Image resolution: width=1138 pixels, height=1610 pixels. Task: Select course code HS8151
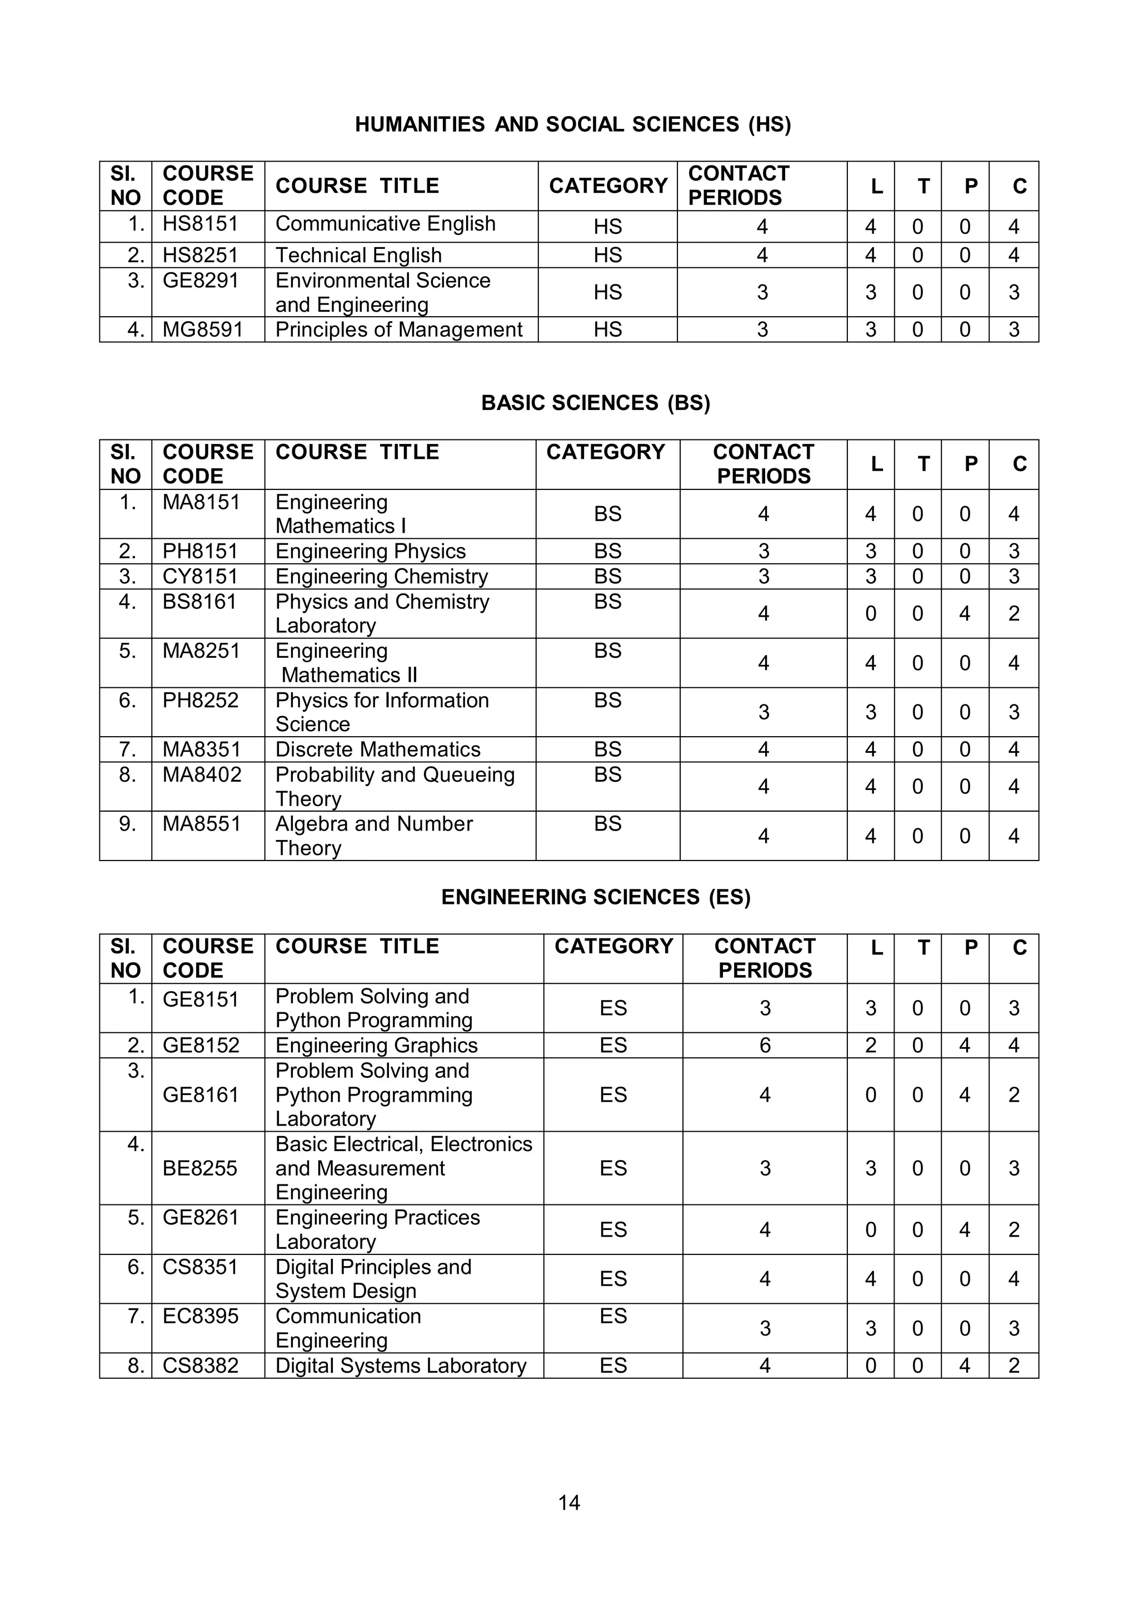click(x=200, y=224)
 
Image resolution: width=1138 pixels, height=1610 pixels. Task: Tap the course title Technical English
click(x=358, y=255)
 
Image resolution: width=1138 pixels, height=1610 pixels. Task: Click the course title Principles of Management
click(x=398, y=329)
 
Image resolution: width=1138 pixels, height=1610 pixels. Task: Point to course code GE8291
click(x=200, y=281)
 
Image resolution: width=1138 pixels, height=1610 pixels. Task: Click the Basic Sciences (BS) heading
click(x=595, y=403)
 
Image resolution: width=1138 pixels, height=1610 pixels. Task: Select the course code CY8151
click(x=200, y=577)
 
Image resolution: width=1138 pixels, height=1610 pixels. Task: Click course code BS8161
click(x=199, y=602)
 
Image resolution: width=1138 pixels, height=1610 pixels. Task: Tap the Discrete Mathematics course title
click(x=377, y=749)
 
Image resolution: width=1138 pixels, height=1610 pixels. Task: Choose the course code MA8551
click(x=201, y=824)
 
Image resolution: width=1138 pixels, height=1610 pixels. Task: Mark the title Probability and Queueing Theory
click(x=394, y=787)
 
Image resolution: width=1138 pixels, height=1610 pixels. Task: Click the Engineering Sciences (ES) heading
click(x=595, y=898)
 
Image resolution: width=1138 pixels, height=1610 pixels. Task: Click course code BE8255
click(x=200, y=1168)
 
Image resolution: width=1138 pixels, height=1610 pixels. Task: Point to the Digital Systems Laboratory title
click(x=401, y=1366)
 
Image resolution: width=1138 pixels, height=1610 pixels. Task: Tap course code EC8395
click(x=200, y=1316)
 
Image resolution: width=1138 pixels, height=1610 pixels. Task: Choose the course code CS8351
click(x=200, y=1267)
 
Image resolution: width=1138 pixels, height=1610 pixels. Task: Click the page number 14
click(x=568, y=1503)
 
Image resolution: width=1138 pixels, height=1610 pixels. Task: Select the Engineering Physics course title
click(x=370, y=551)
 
